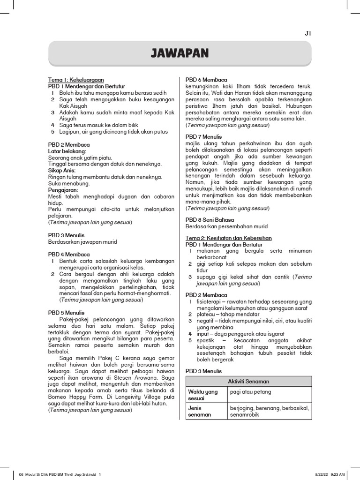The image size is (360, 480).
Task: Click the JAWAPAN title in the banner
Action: [x=180, y=53]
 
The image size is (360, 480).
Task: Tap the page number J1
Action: [x=308, y=33]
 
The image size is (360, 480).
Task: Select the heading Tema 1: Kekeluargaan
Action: [x=76, y=80]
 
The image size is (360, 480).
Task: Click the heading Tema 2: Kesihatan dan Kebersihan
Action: [x=228, y=238]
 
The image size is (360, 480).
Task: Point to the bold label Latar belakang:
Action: [x=67, y=151]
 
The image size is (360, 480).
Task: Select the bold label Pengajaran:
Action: [x=62, y=190]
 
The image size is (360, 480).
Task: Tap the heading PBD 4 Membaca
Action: [x=69, y=255]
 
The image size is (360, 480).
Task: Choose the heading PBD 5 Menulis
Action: [x=67, y=313]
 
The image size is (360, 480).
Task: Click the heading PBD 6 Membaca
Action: [x=206, y=80]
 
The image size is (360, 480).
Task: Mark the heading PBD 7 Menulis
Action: [x=205, y=136]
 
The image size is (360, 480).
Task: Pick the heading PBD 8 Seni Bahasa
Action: [x=210, y=219]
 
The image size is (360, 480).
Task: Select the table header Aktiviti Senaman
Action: [x=248, y=381]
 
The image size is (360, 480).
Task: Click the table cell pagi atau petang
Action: [x=250, y=392]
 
